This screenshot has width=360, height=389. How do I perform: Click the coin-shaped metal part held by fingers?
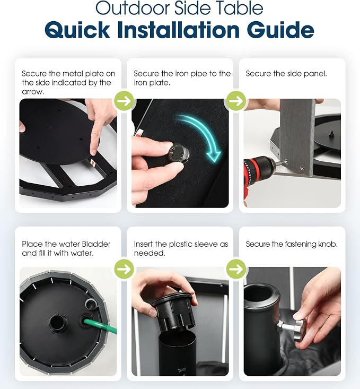[178, 154]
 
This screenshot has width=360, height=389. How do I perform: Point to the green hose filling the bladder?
[101, 326]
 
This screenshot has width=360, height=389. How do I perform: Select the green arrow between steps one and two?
[124, 101]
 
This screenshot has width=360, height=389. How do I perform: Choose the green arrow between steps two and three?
[236, 101]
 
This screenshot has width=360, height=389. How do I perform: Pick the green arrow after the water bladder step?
[124, 269]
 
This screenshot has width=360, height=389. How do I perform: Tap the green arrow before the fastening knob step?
[236, 269]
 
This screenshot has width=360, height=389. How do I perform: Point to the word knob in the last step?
[327, 244]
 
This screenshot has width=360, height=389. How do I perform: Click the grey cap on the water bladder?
[91, 303]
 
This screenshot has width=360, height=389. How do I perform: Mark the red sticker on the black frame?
[92, 162]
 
